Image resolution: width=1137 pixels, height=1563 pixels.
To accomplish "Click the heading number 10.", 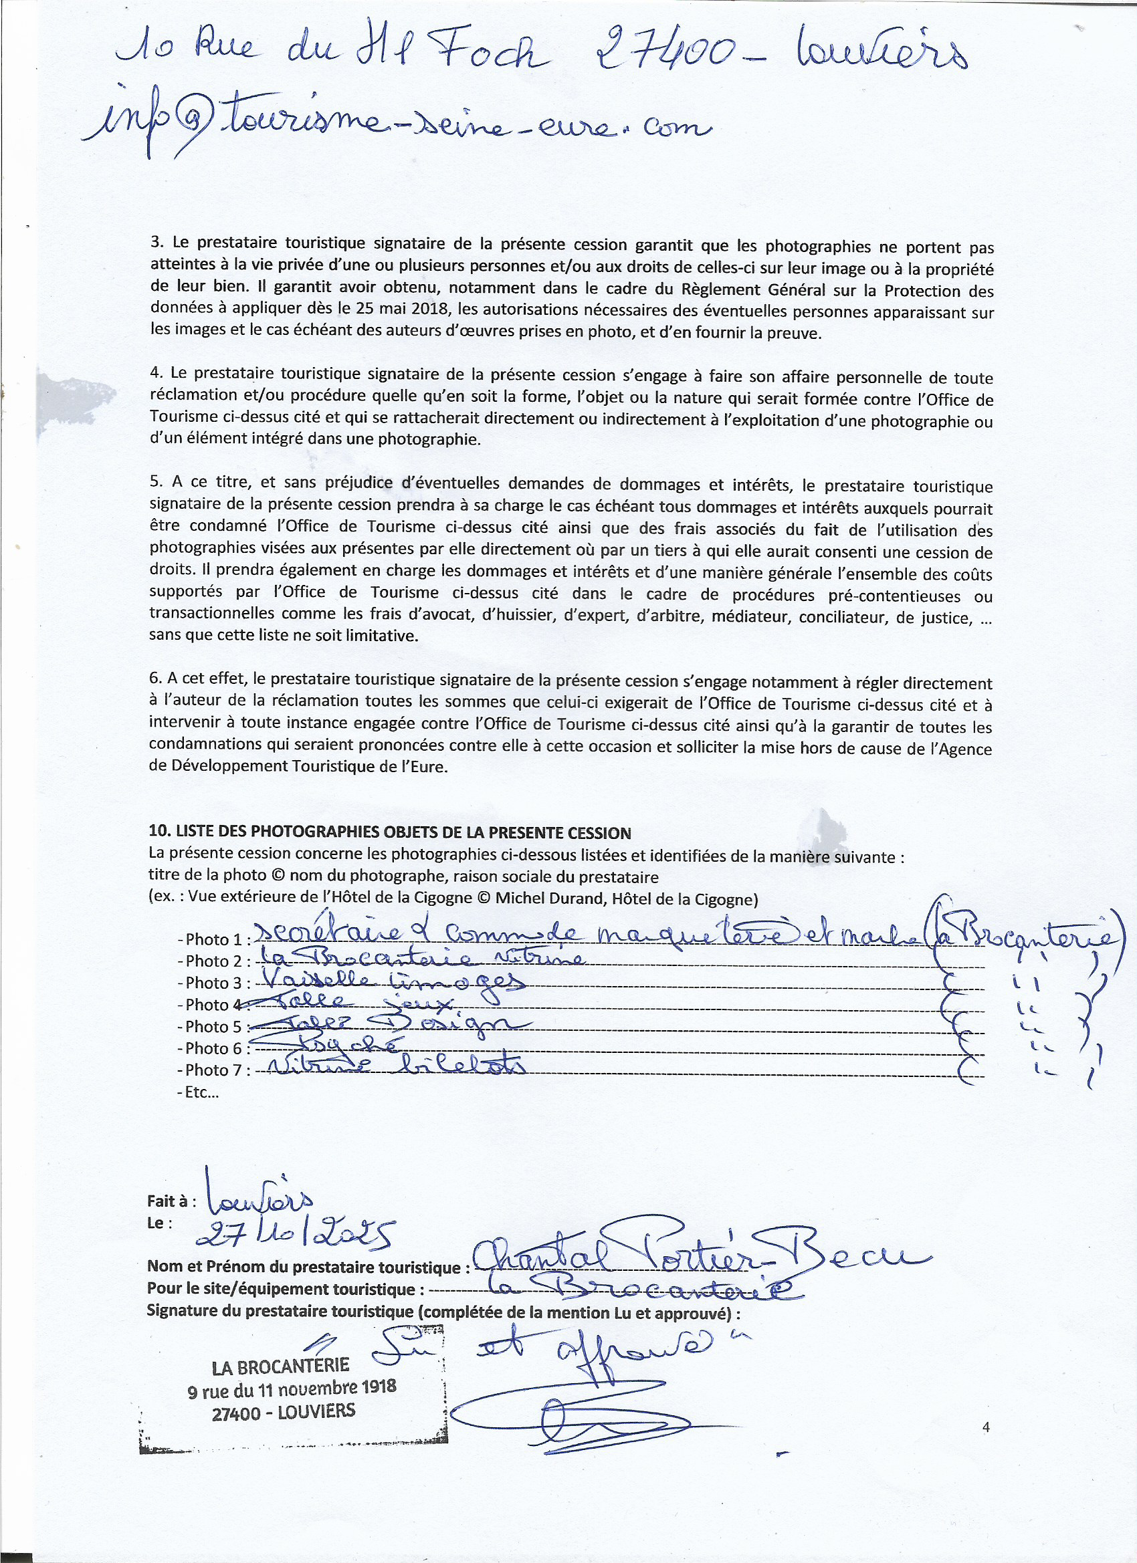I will (157, 832).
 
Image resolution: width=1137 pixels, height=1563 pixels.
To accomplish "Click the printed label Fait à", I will (171, 1201).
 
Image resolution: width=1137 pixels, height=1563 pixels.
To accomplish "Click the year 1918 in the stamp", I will (377, 1387).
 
